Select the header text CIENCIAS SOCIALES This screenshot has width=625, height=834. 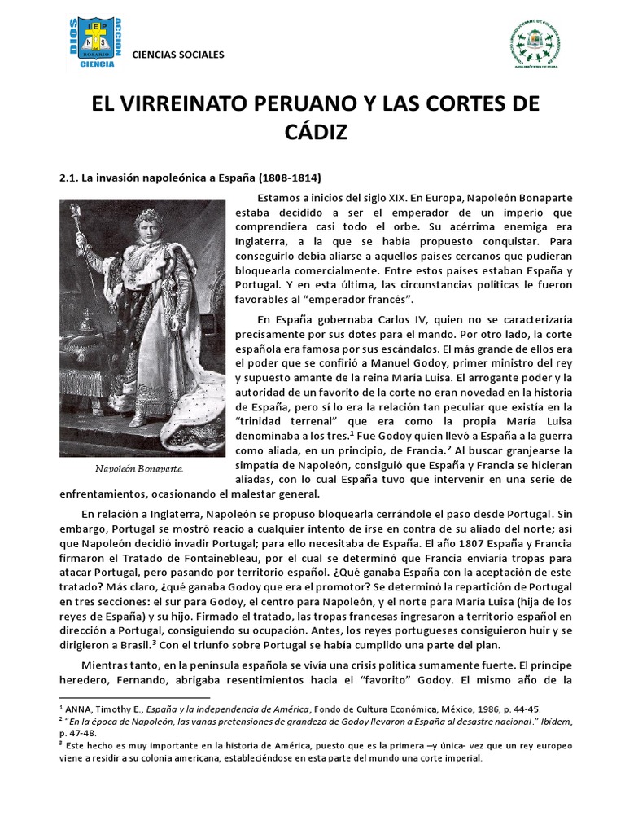coord(178,55)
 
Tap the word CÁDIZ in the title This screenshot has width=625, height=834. coord(312,131)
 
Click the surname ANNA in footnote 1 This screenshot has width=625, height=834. coord(81,709)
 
